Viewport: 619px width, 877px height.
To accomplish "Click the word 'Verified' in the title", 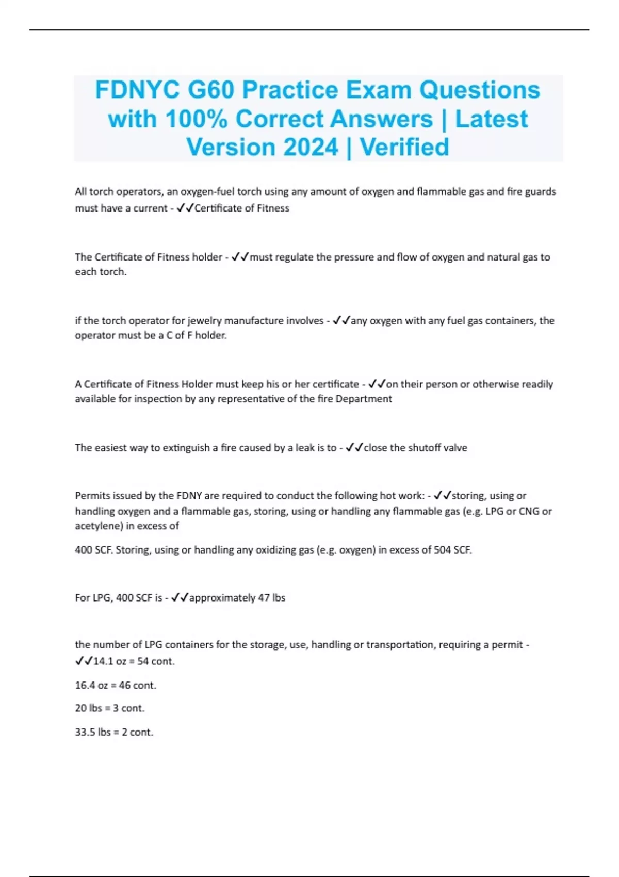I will click(x=404, y=148).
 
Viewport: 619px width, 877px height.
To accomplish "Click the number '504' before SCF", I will click(x=442, y=550).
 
